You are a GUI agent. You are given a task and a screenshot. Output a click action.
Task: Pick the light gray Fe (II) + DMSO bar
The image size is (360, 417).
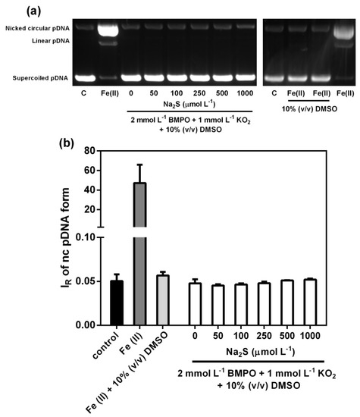click(162, 300)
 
